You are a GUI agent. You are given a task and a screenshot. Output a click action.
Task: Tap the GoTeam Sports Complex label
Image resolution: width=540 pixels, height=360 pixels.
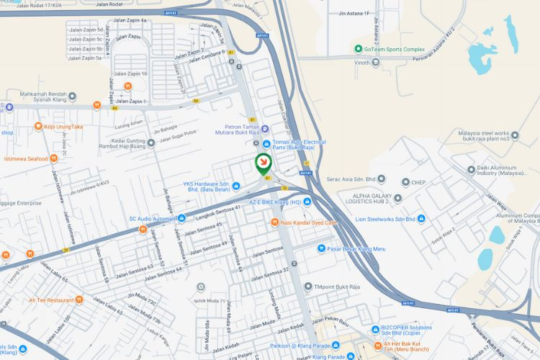pos(389,49)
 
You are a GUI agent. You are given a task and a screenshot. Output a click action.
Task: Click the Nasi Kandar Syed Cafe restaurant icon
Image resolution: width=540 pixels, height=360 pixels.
pos(275,222)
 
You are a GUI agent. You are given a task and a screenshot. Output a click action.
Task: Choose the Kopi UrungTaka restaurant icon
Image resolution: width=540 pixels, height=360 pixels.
pos(38,127)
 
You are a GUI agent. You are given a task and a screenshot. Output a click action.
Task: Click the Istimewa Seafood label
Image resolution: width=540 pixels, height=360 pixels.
pos(26,158)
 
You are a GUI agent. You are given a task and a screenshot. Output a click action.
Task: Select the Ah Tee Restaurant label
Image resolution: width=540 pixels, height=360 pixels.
pos(51,300)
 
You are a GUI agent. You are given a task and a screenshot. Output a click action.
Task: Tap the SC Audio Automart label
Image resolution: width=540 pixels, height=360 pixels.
pos(153,218)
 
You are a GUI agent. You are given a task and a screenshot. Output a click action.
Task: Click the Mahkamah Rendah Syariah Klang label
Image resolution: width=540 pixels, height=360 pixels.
pos(49,97)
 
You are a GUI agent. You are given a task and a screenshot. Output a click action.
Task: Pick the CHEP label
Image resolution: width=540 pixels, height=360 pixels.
pos(419,182)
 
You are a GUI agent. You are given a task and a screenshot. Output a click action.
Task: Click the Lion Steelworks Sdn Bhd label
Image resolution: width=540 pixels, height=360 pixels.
pos(386,218)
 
